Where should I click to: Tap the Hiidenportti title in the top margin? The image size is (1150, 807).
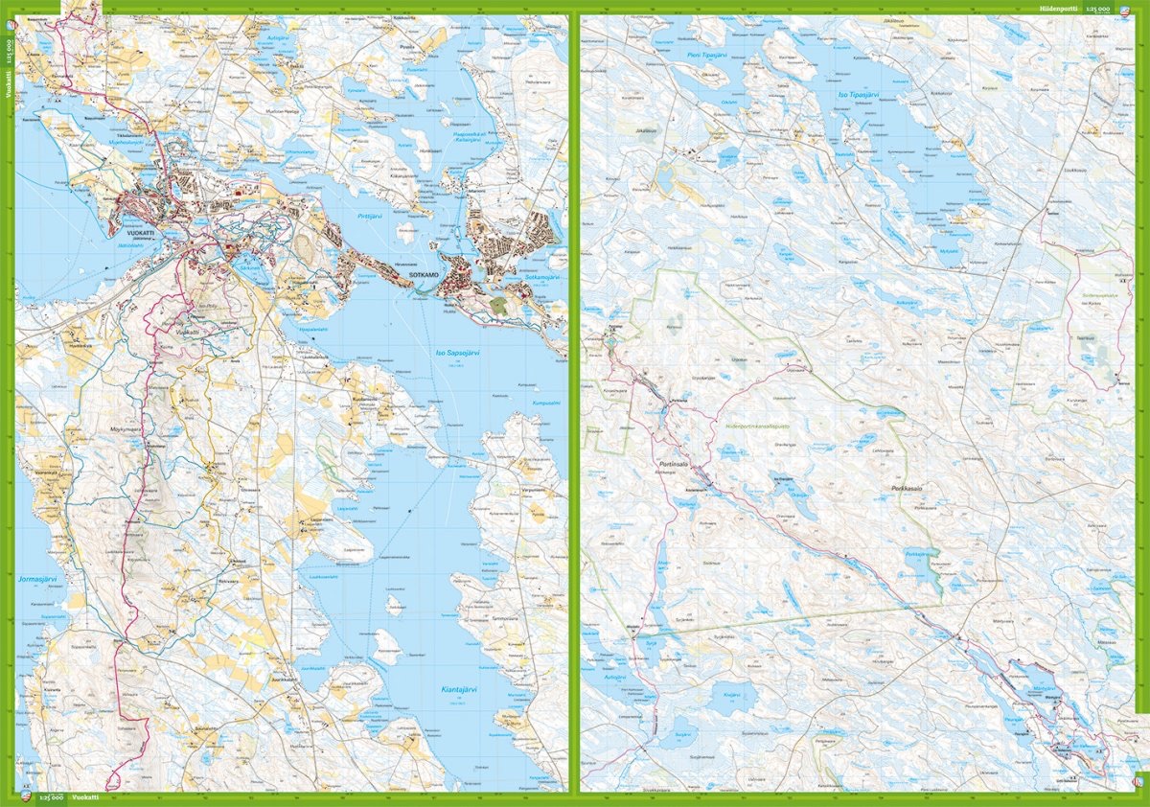(x=1058, y=8)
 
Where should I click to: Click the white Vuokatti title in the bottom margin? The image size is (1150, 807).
(x=86, y=798)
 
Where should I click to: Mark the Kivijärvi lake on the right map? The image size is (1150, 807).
(x=732, y=693)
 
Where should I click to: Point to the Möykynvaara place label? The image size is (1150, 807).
(x=126, y=430)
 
